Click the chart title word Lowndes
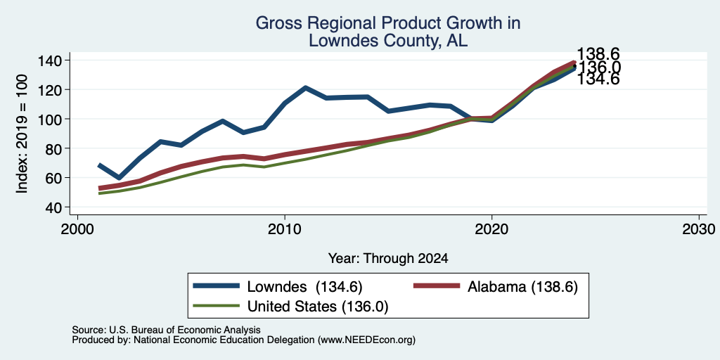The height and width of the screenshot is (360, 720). tap(335, 40)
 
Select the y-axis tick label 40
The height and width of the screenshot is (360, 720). tap(53, 207)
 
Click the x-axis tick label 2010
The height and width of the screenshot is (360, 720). tap(285, 229)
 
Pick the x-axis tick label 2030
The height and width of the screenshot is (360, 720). tap(699, 229)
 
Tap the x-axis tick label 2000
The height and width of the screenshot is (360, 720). tap(77, 229)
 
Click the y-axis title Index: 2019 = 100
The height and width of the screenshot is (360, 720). tap(22, 134)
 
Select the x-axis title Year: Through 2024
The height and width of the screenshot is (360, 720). tap(388, 259)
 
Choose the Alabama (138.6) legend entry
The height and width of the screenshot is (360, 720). tap(522, 287)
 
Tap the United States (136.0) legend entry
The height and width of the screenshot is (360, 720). tap(318, 307)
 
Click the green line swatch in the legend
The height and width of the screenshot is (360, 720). tap(217, 306)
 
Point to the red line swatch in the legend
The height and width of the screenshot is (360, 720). tap(437, 286)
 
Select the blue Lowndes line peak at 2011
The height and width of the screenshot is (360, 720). tap(305, 87)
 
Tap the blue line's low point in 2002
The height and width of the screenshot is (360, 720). tap(119, 178)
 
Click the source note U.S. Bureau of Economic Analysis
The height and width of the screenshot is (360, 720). tap(185, 330)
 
